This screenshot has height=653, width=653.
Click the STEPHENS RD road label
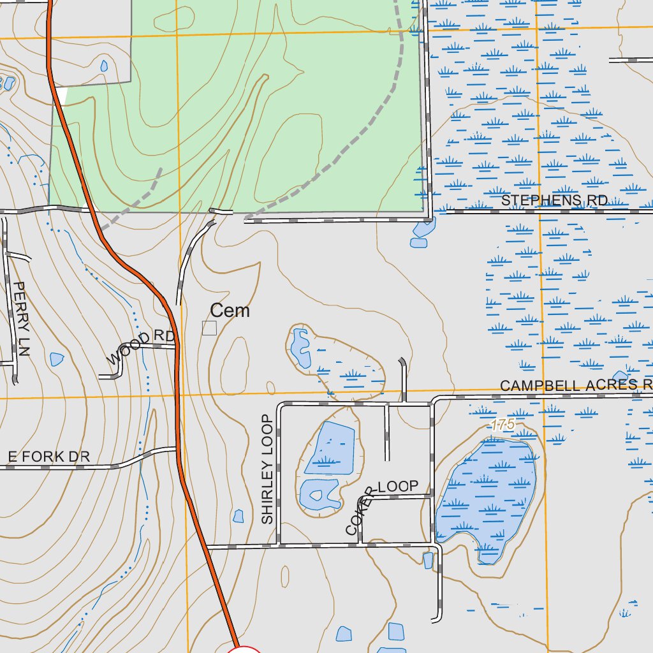pyautogui.click(x=554, y=200)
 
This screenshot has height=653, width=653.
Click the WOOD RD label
pyautogui.click(x=140, y=347)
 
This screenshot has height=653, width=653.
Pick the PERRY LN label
pyautogui.click(x=21, y=319)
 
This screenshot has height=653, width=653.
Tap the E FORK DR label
pyautogui.click(x=48, y=457)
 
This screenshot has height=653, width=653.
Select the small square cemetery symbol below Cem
pyautogui.click(x=209, y=328)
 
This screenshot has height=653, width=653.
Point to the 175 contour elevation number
pyautogui.click(x=503, y=425)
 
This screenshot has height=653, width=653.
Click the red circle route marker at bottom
pyautogui.click(x=244, y=649)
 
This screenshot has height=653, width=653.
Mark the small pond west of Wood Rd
pyautogui.click(x=56, y=359)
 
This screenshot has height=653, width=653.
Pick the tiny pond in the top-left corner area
pyautogui.click(x=104, y=65)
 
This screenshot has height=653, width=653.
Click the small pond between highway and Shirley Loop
pyautogui.click(x=238, y=515)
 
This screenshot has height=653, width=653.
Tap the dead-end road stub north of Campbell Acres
pyautogui.click(x=403, y=379)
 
